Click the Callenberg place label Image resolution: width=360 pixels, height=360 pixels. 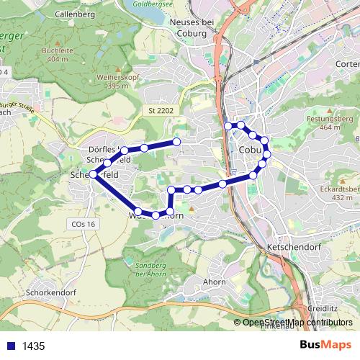click(74, 14)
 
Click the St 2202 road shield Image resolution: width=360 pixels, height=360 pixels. click(161, 110)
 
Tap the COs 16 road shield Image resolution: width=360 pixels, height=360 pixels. click(84, 224)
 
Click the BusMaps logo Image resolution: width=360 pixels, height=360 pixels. click(325, 346)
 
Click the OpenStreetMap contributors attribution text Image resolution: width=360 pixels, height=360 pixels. click(297, 323)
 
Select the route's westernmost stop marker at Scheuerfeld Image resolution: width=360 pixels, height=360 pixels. click(93, 174)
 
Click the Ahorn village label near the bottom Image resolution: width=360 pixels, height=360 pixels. click(214, 282)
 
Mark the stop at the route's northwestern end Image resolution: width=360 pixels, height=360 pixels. click(176, 142)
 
